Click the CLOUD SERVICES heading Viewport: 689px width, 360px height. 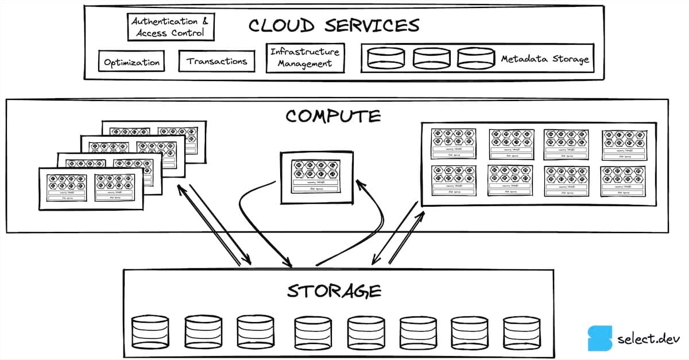coord(334,26)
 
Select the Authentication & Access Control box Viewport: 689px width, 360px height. coord(171,28)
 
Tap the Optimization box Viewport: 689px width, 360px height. coord(131,62)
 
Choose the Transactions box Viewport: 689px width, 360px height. coord(216,61)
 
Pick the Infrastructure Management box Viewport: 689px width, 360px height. coord(305,58)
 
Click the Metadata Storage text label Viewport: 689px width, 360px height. coord(544,59)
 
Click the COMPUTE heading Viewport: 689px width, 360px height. coord(333,116)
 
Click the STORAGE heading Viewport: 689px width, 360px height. coord(334,291)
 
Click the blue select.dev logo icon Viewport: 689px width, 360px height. coord(599,338)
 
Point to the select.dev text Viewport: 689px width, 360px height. coord(644,339)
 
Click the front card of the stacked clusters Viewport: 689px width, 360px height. coord(91,188)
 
